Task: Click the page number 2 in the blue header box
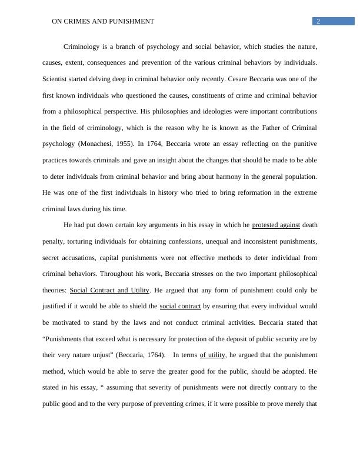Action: [x=318, y=21]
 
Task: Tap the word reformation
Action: [x=221, y=192]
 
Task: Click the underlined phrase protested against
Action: [x=276, y=225]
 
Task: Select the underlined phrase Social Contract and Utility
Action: [x=109, y=290]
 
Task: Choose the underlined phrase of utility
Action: [x=212, y=355]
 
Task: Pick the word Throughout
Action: [x=118, y=274]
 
